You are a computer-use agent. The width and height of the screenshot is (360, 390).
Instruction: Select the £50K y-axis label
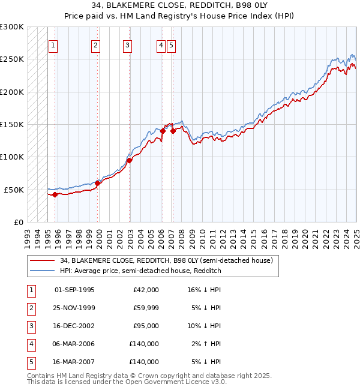point(14,190)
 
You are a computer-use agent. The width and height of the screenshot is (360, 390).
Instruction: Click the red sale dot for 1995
point(55,194)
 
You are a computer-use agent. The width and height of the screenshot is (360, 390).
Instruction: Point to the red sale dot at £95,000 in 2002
point(130,160)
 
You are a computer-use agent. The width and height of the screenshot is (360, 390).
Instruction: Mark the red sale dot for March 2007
point(173,131)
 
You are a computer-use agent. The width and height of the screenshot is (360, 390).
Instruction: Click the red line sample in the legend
point(42,260)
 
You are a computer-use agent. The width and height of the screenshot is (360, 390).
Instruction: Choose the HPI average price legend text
point(140,271)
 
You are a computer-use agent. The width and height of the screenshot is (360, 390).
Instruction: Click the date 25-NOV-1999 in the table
point(75,308)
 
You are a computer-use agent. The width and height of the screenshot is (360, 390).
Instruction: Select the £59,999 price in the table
point(146,308)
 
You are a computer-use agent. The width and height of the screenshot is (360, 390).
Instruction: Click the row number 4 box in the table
point(31,344)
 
